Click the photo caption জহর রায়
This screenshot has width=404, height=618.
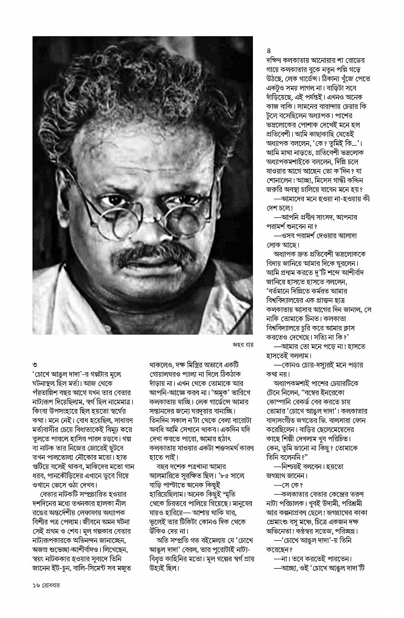click(242, 345)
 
